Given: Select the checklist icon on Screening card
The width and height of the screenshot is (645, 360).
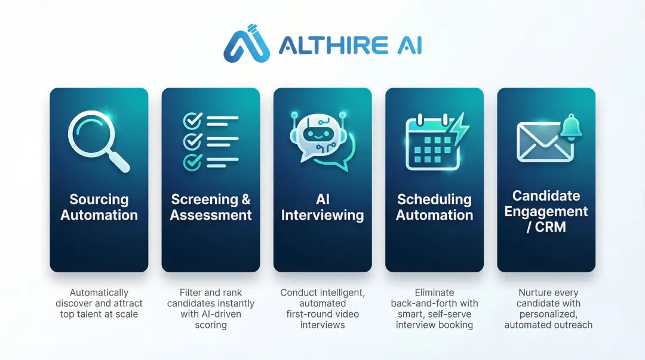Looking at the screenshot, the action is (x=210, y=141).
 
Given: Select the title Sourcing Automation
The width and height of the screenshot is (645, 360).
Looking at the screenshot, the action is (x=99, y=207).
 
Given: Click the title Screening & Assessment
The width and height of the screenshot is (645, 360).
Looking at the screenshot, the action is (x=211, y=207).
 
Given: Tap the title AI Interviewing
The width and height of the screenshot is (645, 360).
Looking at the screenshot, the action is (x=322, y=207).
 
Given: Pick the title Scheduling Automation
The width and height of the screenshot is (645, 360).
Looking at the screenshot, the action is (x=434, y=207).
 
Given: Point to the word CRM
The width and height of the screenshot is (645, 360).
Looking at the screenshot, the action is (x=551, y=227).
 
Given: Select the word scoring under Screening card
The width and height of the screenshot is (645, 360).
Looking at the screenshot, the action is (x=211, y=325).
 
